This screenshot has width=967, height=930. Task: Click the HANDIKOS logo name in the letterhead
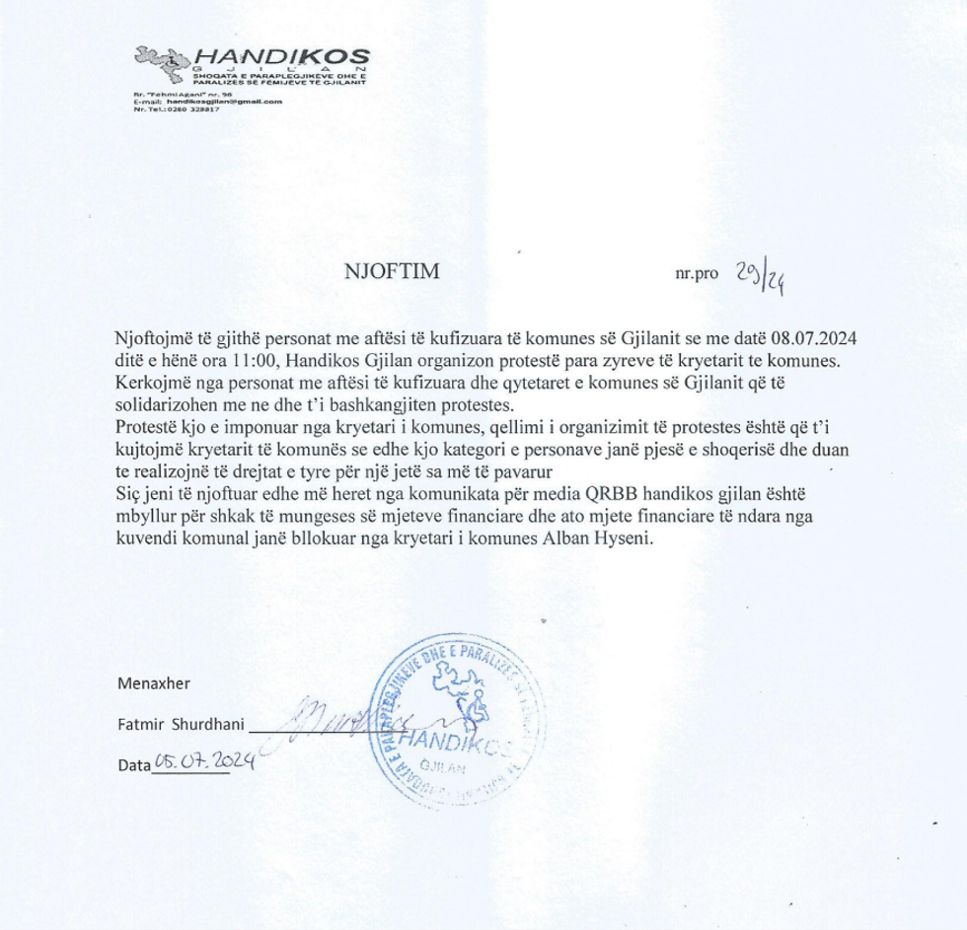[x=281, y=58]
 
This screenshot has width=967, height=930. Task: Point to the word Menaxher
[x=154, y=682]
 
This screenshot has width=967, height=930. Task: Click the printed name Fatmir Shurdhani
[x=180, y=725]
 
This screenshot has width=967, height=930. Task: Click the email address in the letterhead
[x=224, y=102]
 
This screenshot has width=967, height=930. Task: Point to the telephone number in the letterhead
[x=190, y=108]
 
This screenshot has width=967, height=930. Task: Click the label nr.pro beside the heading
[x=696, y=275]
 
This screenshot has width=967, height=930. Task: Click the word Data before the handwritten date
[x=134, y=764]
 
